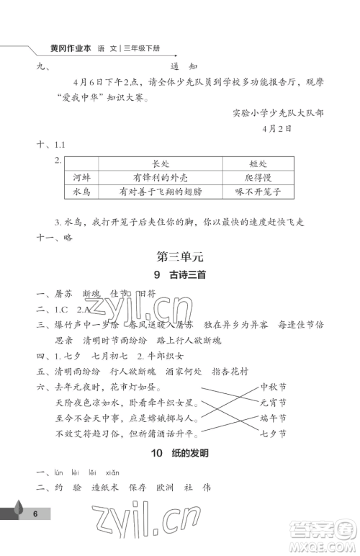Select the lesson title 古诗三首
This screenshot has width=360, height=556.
pyautogui.click(x=186, y=294)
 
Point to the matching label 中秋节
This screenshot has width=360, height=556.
pyautogui.click(x=274, y=388)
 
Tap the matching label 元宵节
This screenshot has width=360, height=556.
pyautogui.click(x=274, y=403)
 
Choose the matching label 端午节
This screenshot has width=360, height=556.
pyautogui.click(x=274, y=418)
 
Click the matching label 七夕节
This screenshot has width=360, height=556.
pyautogui.click(x=274, y=434)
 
